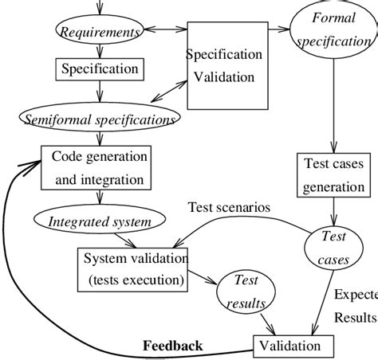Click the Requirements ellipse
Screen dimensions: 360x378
pos(98,33)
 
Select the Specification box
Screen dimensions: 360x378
pos(99,69)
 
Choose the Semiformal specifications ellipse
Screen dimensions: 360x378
pos(99,120)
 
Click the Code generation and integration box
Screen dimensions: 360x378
pos(99,168)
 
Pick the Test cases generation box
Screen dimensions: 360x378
pos(334,174)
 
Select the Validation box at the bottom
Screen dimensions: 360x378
pos(288,346)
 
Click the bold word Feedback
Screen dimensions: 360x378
pos(172,346)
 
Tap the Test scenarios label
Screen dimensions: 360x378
pos(229,208)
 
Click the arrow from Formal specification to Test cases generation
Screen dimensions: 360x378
pos(334,104)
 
